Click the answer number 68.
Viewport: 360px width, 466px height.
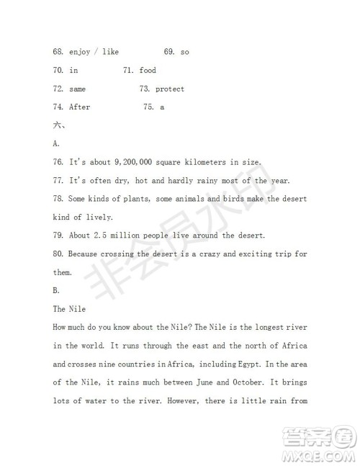click(58, 52)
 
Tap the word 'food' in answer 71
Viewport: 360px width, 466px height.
click(148, 71)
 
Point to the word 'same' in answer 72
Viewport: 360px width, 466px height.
click(78, 89)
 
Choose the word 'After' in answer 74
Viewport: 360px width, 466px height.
click(80, 107)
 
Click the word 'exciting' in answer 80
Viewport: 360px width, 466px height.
click(251, 254)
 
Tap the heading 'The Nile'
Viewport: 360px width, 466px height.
click(70, 309)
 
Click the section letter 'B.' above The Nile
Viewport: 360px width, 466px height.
click(56, 291)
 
